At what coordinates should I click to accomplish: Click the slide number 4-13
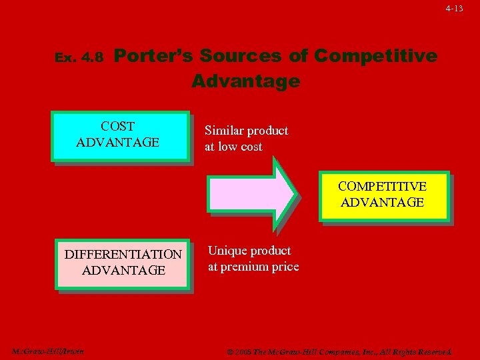455,9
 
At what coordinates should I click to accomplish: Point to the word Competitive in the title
375,55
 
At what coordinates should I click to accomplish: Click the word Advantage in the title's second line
245,81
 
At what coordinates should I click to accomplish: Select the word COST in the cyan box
117,126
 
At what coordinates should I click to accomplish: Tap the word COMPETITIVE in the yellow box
382,186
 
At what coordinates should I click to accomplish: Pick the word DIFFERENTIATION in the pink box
123,254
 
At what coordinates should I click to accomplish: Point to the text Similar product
246,131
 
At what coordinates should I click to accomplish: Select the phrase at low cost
233,147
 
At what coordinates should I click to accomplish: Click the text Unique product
249,251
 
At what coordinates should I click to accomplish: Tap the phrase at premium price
253,267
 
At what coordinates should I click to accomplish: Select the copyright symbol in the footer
230,352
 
